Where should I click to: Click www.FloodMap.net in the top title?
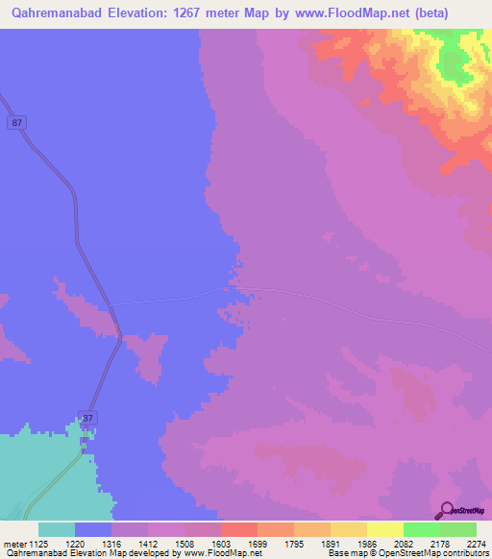[x=370, y=14]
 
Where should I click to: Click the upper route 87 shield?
[x=16, y=122]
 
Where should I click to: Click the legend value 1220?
[x=92, y=544]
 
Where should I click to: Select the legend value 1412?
[x=165, y=544]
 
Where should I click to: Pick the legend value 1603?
[x=238, y=544]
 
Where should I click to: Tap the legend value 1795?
[x=311, y=544]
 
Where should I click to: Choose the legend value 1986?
[x=384, y=544]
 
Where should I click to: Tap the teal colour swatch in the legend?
[x=57, y=529]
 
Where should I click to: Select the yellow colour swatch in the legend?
[x=384, y=529]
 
